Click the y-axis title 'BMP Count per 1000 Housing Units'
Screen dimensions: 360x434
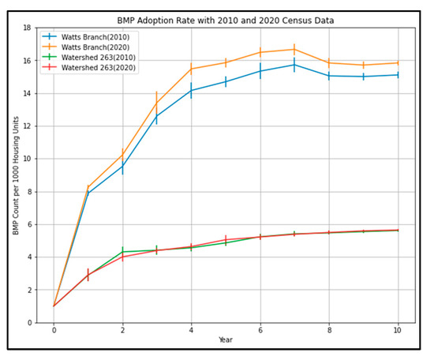click(13, 175)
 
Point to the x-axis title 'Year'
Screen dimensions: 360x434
click(226, 341)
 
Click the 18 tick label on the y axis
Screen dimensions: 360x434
click(26, 28)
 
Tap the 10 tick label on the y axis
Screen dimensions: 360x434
click(26, 159)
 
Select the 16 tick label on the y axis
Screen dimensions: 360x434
click(26, 61)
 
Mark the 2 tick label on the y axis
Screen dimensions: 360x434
click(28, 290)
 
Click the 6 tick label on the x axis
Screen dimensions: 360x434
click(260, 331)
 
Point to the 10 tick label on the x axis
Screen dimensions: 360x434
click(397, 331)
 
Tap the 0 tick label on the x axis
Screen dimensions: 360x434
click(54, 331)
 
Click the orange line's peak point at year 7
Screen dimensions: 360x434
click(294, 49)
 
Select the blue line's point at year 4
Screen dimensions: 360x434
click(191, 90)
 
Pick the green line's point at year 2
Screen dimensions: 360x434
click(122, 252)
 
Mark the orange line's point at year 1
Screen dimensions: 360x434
click(88, 187)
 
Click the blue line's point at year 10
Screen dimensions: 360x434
click(397, 75)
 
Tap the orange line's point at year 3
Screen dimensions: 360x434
click(156, 102)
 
